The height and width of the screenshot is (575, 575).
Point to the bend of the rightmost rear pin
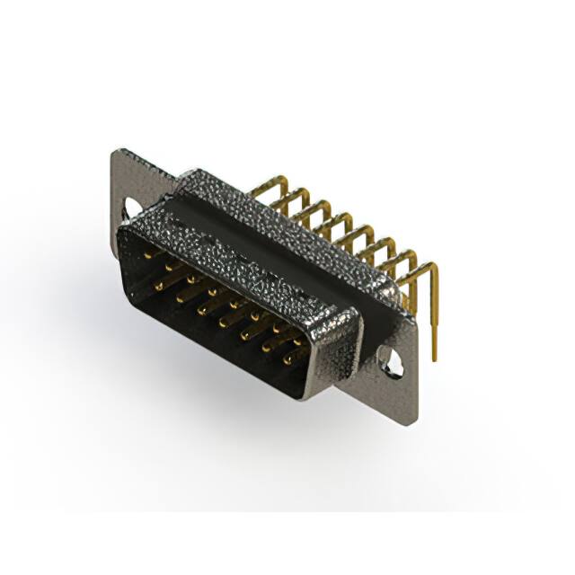coord(432,266)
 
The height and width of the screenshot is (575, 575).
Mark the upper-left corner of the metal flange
coord(114,153)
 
